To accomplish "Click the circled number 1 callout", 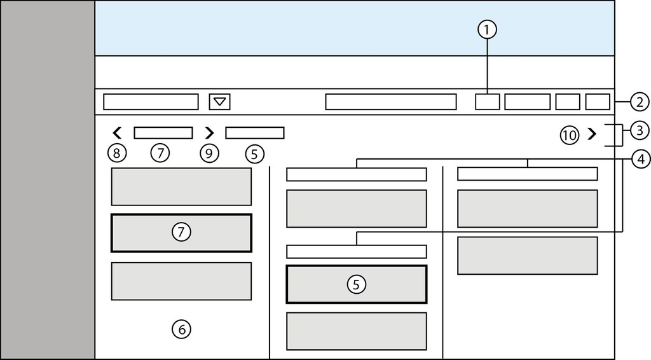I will [488, 29].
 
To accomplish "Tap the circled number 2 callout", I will [639, 101].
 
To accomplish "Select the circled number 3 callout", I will [639, 130].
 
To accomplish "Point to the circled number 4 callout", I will [639, 159].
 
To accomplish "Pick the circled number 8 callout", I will [117, 153].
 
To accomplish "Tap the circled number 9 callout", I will [209, 153].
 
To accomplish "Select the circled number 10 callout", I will [569, 135].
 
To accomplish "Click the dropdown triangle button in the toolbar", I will [219, 102].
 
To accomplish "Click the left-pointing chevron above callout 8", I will [117, 133].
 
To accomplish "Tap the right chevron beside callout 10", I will [592, 134].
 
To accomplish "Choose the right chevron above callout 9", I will [209, 133].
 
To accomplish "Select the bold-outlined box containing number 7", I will [181, 233].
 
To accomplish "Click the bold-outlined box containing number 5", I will [356, 284].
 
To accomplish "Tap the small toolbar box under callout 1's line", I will [488, 102].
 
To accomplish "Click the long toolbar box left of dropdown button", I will [151, 102].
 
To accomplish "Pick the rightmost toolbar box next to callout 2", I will [598, 102].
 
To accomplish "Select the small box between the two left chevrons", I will [163, 133].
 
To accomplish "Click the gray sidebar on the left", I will [48, 180].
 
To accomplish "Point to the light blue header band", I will [354, 29].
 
